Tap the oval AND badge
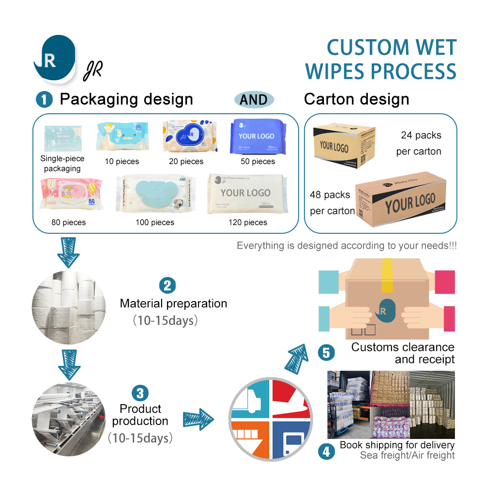tap(254, 100)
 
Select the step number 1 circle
tap(44, 100)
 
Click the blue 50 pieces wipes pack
tap(256, 136)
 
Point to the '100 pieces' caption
tap(155, 223)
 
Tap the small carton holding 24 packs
tap(344, 145)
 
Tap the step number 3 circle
tap(140, 393)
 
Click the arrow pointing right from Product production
tap(198, 417)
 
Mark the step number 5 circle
tap(326, 352)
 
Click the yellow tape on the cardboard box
tap(386, 276)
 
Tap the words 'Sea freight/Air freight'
tap(407, 455)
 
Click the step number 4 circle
tap(326, 451)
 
